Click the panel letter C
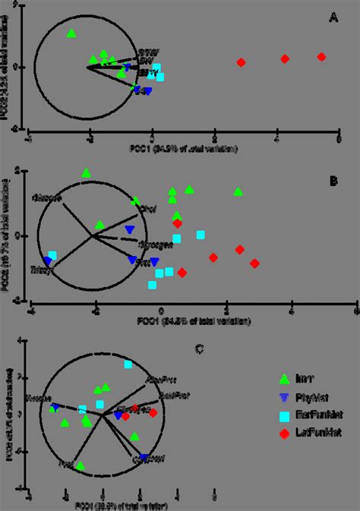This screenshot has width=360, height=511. point(200,349)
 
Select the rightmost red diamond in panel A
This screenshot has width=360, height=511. point(321,57)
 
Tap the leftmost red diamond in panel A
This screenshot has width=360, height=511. point(242,62)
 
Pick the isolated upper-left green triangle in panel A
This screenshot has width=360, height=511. point(71,33)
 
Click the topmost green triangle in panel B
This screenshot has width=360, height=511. point(87,173)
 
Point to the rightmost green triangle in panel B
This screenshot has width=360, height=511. point(238,191)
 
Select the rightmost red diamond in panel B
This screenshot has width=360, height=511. point(255,263)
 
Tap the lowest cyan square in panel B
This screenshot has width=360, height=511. point(153,285)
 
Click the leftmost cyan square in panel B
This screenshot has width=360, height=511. point(52,256)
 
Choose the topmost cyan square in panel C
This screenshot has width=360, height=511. point(128,365)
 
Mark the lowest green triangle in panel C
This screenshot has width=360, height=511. point(81,465)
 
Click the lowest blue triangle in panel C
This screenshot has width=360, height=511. point(144,458)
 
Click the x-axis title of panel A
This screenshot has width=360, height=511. point(182,149)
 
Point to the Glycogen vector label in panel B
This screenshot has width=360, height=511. point(152,244)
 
